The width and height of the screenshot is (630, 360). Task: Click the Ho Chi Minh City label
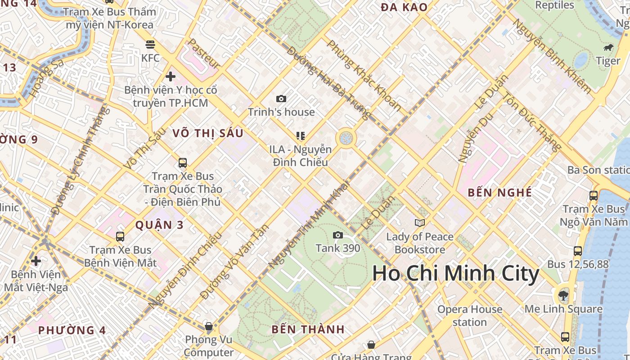click(x=455, y=274)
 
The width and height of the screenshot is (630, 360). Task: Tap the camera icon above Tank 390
click(x=337, y=235)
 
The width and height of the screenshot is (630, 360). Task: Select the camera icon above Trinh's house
click(x=281, y=99)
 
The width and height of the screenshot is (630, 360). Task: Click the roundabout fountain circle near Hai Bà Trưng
click(x=346, y=138)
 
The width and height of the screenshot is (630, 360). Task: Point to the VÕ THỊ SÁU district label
click(x=208, y=133)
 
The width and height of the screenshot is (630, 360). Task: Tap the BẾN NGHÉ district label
click(x=499, y=193)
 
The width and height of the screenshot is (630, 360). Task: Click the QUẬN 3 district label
click(x=159, y=225)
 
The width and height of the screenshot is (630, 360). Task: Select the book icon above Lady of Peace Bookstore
click(x=419, y=223)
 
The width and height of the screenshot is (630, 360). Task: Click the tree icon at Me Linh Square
click(x=563, y=296)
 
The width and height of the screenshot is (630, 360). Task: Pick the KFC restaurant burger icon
click(x=150, y=45)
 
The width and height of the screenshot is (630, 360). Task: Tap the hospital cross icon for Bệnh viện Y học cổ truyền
click(x=170, y=76)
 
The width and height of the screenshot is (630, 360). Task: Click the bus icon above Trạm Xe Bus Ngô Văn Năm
click(x=593, y=196)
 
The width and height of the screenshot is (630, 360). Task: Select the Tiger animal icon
click(x=607, y=48)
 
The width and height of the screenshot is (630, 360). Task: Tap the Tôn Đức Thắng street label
click(x=531, y=121)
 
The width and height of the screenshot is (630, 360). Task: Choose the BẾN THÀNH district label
click(x=308, y=329)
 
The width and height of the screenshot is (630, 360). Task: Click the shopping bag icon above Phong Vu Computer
click(x=208, y=326)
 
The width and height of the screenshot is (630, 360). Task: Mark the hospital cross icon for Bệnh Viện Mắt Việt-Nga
click(x=36, y=261)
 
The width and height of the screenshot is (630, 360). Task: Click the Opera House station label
click(x=470, y=315)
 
